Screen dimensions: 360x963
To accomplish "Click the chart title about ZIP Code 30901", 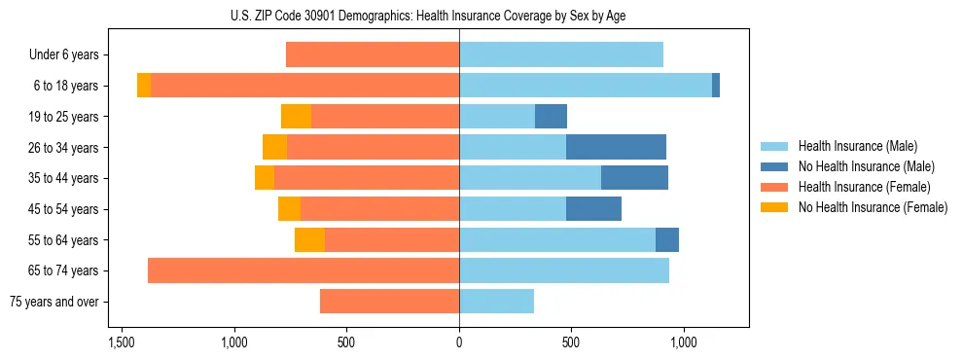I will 459,16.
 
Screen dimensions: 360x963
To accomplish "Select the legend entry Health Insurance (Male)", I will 857,146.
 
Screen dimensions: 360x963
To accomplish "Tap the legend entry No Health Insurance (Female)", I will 873,207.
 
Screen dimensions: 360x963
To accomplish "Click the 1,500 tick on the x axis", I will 122,343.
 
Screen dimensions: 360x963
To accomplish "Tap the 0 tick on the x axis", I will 459,343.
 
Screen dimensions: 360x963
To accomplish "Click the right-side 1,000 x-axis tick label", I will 683,343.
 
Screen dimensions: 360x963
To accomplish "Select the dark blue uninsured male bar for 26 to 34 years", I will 616,148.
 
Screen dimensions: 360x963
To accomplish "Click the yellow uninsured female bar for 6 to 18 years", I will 144,86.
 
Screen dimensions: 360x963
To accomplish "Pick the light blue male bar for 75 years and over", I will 496,302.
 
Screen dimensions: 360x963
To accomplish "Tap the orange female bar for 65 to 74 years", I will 303,270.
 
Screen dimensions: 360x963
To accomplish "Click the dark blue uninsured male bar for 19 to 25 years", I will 551,117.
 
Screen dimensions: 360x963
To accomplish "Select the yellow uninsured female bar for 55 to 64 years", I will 309,240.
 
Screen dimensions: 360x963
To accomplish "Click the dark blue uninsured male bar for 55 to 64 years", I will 667,240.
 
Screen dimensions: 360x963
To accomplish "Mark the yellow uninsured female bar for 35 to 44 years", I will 265,178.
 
